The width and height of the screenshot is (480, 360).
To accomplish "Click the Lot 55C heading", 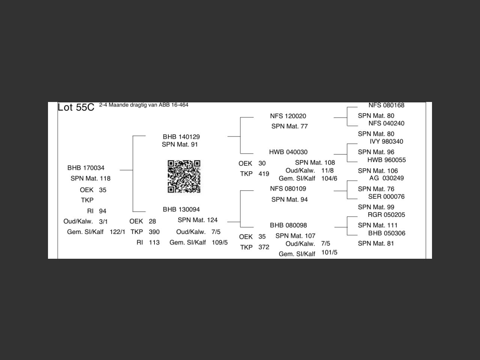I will [76, 107].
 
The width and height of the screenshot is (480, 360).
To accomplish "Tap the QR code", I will [184, 176].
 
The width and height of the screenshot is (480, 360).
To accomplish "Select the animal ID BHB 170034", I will [86, 168].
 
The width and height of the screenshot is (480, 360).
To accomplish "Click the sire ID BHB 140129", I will [181, 137].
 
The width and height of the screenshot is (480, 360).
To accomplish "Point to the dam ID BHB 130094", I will [181, 209].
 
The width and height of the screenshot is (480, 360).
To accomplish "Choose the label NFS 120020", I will [288, 116].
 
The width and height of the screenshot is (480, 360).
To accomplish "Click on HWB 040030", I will [288, 152].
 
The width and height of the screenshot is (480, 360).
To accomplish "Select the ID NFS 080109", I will [288, 189].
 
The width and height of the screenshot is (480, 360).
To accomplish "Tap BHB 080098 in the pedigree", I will [288, 225].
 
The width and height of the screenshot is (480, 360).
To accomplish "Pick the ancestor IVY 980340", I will [386, 141].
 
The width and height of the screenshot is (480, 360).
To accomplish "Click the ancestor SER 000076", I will [386, 196].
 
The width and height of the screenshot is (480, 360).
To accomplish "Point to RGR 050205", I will [386, 214].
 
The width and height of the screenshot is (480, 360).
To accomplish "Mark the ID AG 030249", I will [386, 178].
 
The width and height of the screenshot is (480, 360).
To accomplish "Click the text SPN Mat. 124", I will [198, 220].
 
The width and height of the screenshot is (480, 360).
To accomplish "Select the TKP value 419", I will [264, 174].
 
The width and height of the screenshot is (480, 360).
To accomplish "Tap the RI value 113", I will [154, 242].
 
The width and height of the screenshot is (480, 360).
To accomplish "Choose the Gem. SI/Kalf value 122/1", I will [117, 232].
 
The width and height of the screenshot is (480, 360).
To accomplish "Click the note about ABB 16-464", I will [144, 105].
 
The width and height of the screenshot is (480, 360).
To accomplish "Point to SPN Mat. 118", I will [90, 178].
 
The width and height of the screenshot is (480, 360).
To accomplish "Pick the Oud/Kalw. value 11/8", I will [327, 170].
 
